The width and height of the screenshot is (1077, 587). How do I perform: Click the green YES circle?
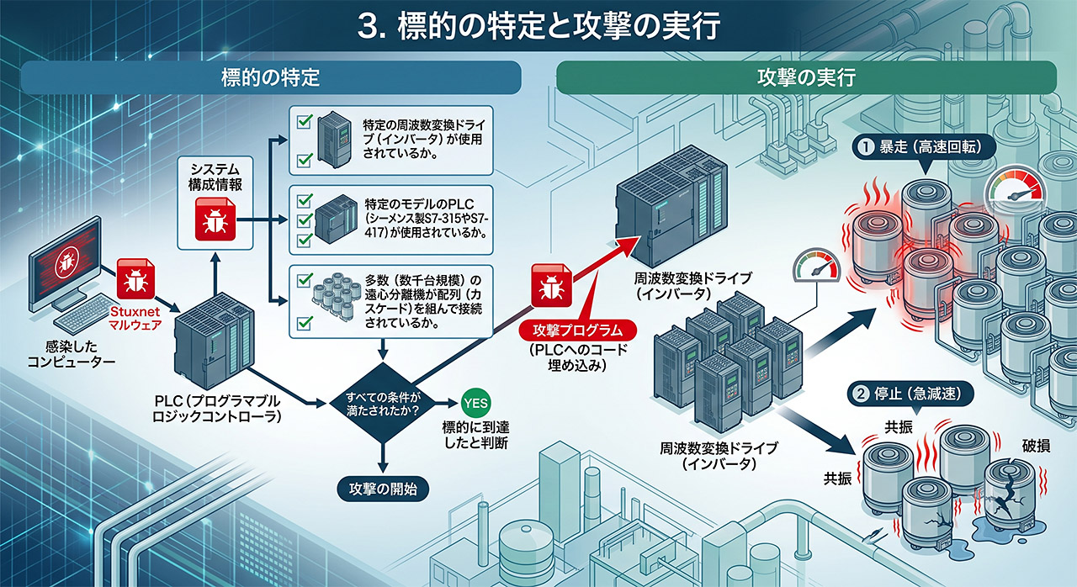tap(475, 403)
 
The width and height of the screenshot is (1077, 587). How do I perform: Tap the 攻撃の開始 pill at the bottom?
tap(383, 489)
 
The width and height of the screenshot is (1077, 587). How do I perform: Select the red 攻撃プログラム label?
tap(577, 331)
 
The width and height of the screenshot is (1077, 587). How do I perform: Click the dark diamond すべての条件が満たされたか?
tap(383, 403)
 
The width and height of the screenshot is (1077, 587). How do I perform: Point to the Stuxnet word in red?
tap(135, 311)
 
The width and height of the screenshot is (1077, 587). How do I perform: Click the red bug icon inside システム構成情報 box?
tap(215, 219)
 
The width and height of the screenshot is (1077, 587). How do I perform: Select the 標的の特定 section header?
tap(271, 77)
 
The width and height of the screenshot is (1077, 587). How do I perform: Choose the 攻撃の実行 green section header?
tap(806, 77)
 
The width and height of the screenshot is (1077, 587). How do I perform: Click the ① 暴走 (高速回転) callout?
tap(924, 147)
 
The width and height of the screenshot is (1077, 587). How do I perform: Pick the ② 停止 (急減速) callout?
tap(910, 394)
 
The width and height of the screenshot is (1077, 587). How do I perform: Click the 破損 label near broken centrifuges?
tap(1036, 446)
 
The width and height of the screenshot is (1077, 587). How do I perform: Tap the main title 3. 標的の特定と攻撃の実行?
tap(538, 26)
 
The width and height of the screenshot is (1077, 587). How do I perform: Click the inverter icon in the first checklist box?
tap(335, 140)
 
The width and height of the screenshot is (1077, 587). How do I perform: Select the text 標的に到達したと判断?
tap(475, 435)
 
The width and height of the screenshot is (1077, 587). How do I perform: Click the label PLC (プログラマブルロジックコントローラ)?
tap(216, 409)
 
